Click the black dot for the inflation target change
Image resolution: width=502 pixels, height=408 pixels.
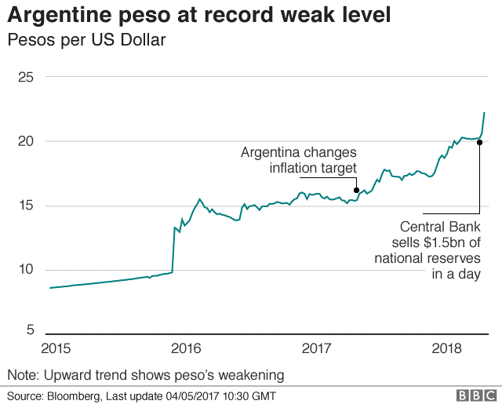(x=356, y=190)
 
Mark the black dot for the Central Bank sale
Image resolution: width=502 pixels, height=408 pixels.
(x=479, y=142)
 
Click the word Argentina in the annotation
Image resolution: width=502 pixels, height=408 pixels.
(x=271, y=152)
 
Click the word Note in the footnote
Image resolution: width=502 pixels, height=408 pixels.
(x=20, y=374)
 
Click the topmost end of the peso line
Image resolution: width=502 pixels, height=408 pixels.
(x=485, y=112)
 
